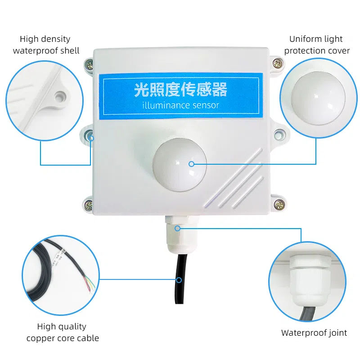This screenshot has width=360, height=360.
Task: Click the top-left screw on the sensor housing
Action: (90, 64)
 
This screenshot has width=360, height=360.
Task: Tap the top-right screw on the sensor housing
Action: (278, 63)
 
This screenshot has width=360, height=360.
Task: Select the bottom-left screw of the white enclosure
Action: (89, 204)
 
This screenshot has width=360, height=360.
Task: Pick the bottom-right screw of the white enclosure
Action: (279, 204)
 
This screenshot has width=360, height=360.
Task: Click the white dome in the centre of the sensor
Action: (180, 165)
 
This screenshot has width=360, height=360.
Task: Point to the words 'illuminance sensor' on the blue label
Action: (181, 105)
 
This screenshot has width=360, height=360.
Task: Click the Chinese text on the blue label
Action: (181, 89)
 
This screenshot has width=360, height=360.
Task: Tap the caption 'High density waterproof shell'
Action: (46, 45)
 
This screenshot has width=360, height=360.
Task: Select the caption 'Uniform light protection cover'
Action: (317, 45)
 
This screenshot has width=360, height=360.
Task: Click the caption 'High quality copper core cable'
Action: (63, 332)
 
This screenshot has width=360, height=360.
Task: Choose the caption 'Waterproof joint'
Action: (314, 333)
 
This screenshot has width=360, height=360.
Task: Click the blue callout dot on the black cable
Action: (179, 280)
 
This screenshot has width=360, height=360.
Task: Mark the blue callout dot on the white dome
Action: (192, 164)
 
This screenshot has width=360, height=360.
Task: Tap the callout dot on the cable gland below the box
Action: (177, 229)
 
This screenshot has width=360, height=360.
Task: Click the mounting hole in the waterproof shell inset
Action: (60, 97)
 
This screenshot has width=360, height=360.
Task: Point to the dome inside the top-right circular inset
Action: (318, 98)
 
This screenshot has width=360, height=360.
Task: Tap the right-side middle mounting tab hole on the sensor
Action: (278, 134)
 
